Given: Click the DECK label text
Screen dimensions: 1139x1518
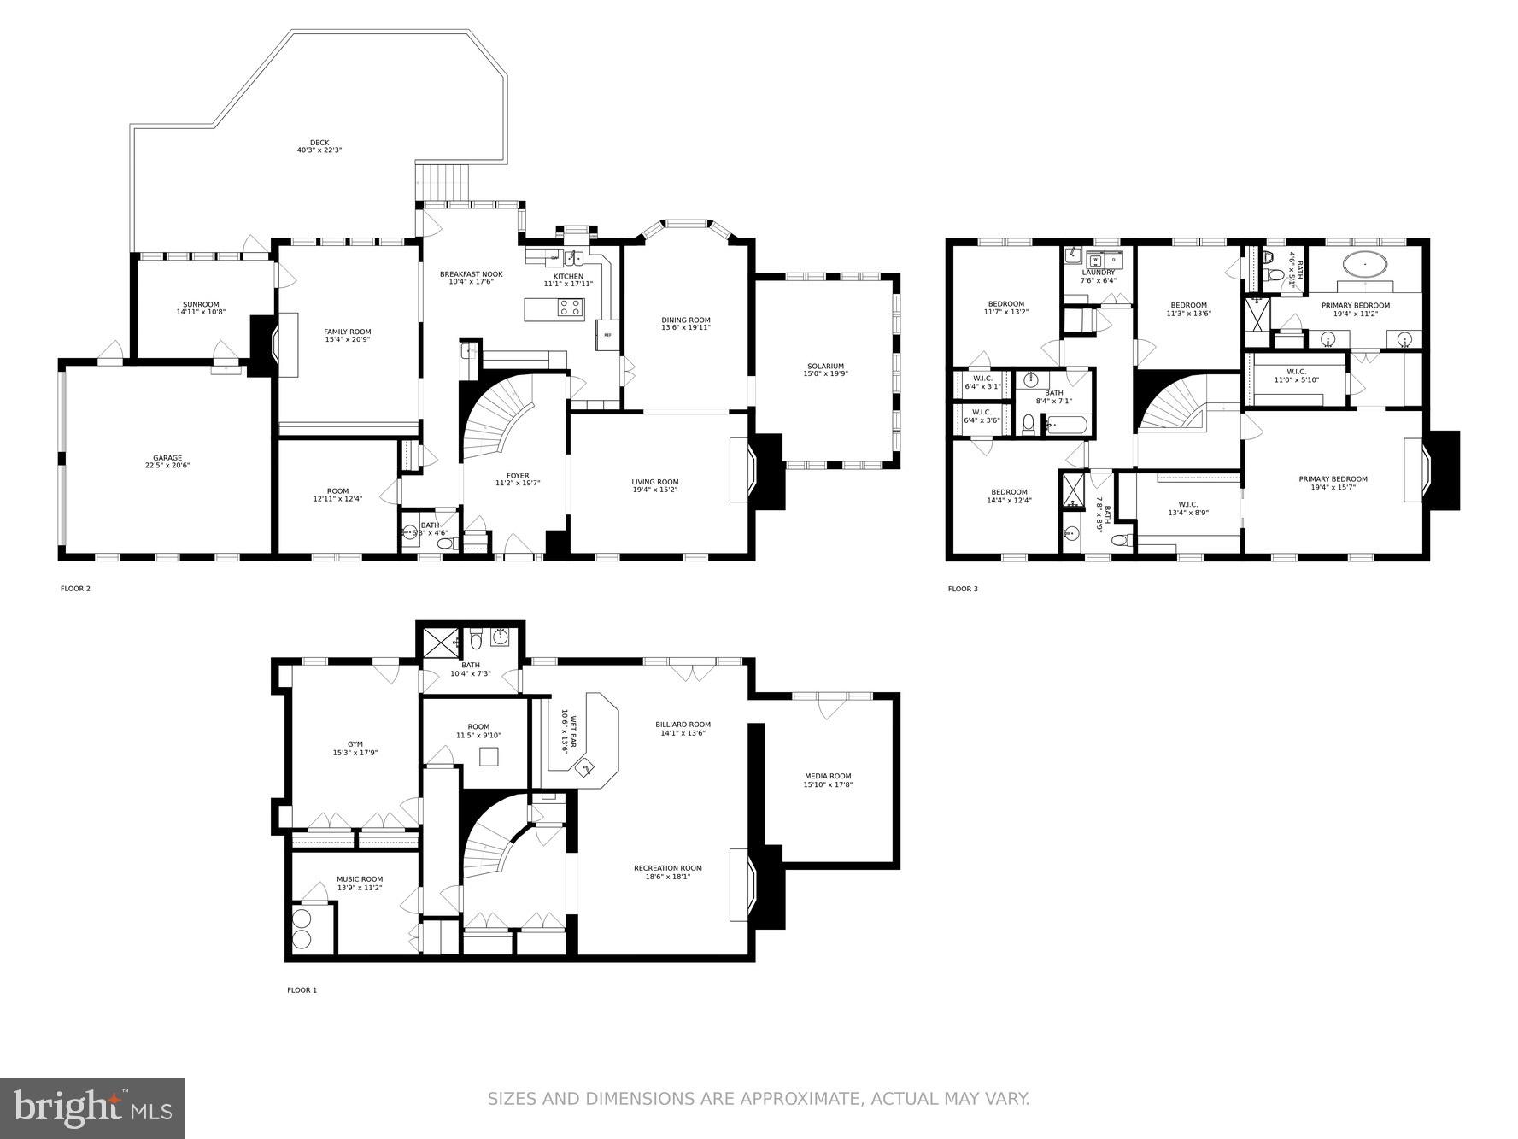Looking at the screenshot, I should (319, 143).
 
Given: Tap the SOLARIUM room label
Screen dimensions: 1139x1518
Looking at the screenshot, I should (824, 366).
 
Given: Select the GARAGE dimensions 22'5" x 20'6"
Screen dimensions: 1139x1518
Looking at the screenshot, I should (167, 467).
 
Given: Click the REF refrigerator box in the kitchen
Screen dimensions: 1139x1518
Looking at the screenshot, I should (607, 335).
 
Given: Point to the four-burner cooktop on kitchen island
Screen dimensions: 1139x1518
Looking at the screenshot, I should (570, 308).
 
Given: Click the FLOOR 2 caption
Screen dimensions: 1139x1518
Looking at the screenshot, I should (75, 588).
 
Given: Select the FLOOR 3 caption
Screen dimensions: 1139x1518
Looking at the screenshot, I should (963, 589).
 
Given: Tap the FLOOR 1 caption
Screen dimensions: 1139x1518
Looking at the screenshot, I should (302, 990).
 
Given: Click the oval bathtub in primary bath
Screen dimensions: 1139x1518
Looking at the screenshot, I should (1365, 264).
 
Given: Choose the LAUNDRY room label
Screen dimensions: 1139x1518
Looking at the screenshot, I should (1099, 273).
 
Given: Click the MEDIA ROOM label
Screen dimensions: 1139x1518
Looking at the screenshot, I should (828, 776).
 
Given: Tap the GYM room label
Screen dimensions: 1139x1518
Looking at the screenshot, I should (355, 744).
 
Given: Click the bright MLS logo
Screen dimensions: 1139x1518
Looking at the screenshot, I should (92, 1108).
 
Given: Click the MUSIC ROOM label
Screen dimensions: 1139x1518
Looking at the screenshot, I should (360, 878).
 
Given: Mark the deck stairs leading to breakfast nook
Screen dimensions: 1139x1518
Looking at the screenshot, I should (443, 180).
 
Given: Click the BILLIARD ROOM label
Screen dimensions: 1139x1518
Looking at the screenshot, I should (684, 725).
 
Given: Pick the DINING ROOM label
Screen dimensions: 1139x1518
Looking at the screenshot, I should (686, 320).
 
